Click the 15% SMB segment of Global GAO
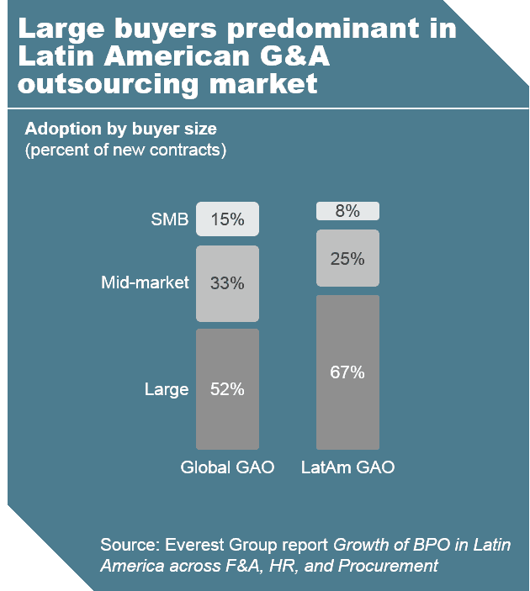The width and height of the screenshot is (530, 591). (227, 219)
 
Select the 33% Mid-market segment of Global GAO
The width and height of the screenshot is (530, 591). (227, 283)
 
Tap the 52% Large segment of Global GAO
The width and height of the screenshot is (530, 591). (227, 388)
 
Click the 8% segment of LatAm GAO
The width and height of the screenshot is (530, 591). (347, 211)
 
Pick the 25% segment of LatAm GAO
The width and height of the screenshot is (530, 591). (347, 258)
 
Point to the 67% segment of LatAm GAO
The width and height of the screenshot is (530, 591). (347, 372)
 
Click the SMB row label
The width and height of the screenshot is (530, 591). (168, 220)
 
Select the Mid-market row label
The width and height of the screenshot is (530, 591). (145, 283)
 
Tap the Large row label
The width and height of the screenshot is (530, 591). (166, 389)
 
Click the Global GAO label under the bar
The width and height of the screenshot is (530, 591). (227, 467)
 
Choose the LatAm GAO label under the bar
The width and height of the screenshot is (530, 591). (347, 467)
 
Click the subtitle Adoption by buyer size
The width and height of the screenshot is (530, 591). (120, 129)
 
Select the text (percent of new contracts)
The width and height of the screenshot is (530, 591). (125, 150)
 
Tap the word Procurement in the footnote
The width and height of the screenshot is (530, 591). (388, 565)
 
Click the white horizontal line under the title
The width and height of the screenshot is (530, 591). (265, 108)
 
